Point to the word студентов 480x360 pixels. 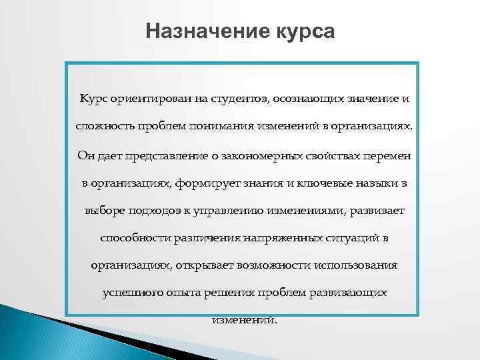click(x=241, y=99)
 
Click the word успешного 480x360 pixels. click(x=131, y=293)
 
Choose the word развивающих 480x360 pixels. click(x=347, y=293)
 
